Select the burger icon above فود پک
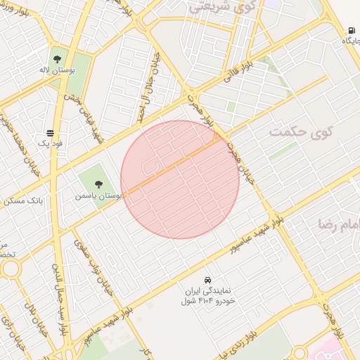point(51,132)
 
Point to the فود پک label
point(51,143)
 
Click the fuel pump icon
point(350,30)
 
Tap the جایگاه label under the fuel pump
point(350,41)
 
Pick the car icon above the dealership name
point(208,279)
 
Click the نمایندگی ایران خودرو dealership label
point(207,296)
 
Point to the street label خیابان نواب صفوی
point(90,262)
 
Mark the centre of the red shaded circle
point(180,179)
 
